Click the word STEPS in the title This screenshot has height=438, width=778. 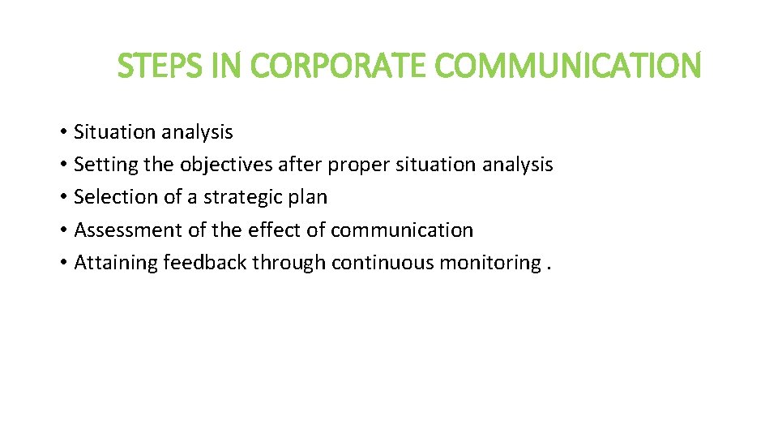pyautogui.click(x=162, y=66)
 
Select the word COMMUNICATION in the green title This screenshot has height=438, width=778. pyautogui.click(x=568, y=66)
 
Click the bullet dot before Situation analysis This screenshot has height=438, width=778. pyautogui.click(x=62, y=132)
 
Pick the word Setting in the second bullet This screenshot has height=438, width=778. pyautogui.click(x=105, y=165)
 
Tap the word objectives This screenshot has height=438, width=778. pyautogui.click(x=226, y=165)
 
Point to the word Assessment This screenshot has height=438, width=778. pyautogui.click(x=128, y=230)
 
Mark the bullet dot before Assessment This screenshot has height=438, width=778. pyautogui.click(x=62, y=231)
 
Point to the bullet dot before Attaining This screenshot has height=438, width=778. pyautogui.click(x=62, y=264)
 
